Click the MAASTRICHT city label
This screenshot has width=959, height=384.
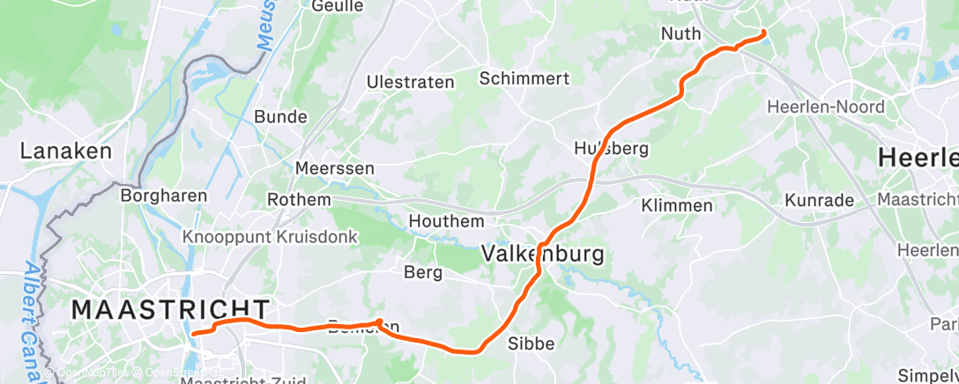[170, 309]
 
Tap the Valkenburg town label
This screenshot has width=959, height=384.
[543, 255]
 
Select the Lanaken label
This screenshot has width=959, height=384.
[66, 151]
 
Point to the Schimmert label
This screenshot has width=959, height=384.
[524, 78]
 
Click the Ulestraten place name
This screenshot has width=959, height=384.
[411, 82]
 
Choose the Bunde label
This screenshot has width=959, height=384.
[280, 116]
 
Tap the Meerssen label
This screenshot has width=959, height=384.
[335, 167]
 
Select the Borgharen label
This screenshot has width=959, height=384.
[164, 195]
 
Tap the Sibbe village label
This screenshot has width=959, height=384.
[532, 343]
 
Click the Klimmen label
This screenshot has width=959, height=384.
[677, 205]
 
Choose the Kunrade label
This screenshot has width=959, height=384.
[819, 200]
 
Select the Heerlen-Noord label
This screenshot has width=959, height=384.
[826, 107]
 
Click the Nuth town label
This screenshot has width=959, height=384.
[681, 33]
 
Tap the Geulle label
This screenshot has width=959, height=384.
[338, 6]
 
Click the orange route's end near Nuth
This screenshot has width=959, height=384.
[763, 33]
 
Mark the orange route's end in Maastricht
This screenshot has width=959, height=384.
[194, 333]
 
